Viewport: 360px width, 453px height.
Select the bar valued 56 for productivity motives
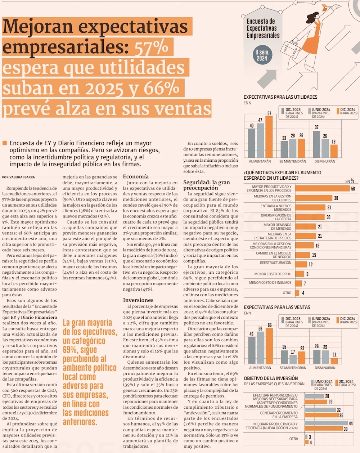(x=322, y=188)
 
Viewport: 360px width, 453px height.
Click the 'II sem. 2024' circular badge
(x=262, y=55)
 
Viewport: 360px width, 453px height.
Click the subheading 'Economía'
(x=135, y=176)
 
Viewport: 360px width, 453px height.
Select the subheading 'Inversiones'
(x=138, y=300)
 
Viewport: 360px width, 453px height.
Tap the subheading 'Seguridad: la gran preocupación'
(x=206, y=185)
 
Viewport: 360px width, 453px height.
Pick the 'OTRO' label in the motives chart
(x=287, y=293)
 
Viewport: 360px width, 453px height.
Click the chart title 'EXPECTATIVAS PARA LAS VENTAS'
(x=277, y=307)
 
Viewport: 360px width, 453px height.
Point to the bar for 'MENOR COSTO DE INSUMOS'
(x=298, y=283)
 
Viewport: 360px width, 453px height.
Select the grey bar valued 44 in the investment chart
(x=326, y=423)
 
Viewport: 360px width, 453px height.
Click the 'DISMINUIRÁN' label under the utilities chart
(x=325, y=161)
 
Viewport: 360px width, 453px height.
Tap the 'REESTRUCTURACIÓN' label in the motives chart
(x=275, y=263)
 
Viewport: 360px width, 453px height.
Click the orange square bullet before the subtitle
(x=5, y=143)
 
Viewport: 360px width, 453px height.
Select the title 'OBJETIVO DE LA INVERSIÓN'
(x=271, y=378)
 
